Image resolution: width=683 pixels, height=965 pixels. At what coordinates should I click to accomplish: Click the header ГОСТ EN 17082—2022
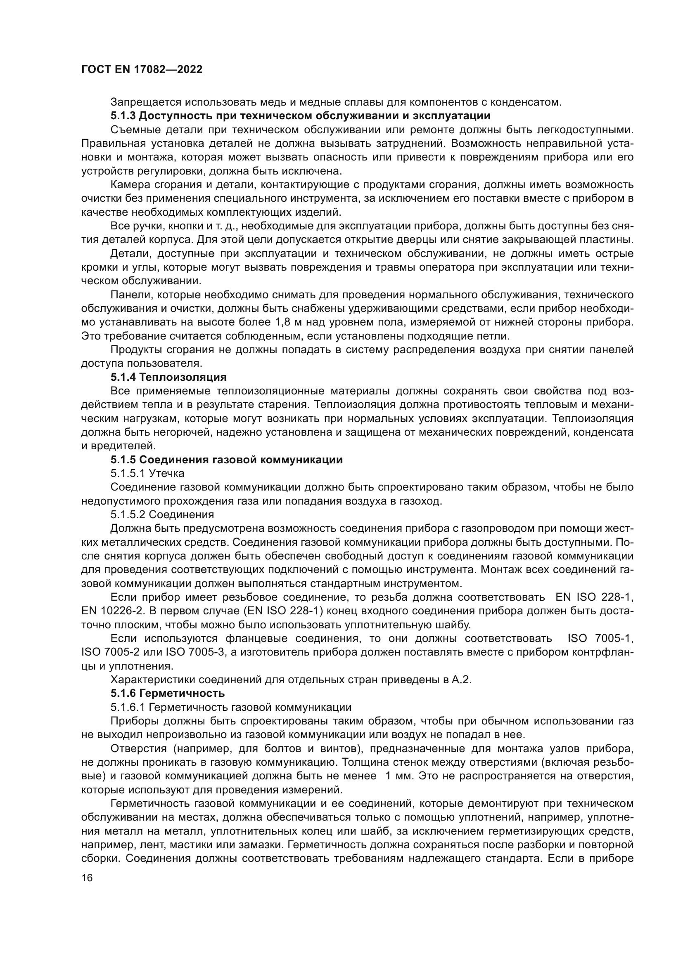tap(142, 70)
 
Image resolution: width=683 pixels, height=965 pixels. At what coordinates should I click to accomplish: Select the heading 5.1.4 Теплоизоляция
tap(168, 377)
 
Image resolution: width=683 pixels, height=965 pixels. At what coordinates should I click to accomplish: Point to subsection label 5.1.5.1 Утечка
tap(147, 473)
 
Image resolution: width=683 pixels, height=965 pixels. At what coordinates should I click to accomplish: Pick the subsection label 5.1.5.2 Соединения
tap(162, 514)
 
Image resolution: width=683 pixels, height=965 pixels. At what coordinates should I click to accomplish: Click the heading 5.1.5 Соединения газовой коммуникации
tap(226, 459)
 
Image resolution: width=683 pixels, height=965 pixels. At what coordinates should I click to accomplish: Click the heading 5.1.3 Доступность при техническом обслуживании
tap(300, 116)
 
